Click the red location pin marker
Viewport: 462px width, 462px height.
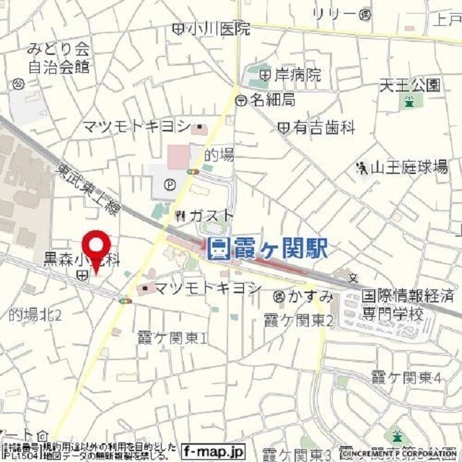tap(95, 249)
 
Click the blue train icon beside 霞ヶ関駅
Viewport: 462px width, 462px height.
tap(217, 249)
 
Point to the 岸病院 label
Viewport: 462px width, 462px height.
tap(297, 74)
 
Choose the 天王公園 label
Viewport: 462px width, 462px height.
tap(409, 85)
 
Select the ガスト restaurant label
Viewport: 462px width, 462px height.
tap(212, 215)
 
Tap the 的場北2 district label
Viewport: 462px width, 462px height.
tap(35, 315)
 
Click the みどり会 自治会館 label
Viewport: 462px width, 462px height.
tap(58, 58)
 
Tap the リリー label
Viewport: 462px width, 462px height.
tap(334, 14)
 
